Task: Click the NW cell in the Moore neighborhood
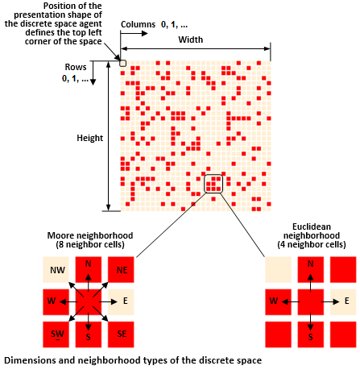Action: click(56, 269)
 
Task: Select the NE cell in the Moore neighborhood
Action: click(121, 269)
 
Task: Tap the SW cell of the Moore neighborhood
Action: click(56, 335)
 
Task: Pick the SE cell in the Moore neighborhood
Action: click(121, 335)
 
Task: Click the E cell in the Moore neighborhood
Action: click(121, 302)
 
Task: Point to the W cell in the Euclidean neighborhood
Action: click(278, 302)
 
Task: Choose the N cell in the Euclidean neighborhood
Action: click(311, 269)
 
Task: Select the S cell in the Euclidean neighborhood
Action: click(311, 335)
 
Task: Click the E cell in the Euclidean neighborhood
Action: click(343, 302)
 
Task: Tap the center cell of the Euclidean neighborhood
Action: click(311, 302)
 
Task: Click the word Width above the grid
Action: click(191, 39)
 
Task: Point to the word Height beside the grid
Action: click(90, 138)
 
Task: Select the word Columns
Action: click(138, 24)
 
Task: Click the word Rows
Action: click(76, 67)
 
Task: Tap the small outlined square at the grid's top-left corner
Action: click(122, 63)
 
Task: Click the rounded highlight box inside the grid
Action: click(213, 175)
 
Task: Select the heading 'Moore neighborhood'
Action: click(90, 235)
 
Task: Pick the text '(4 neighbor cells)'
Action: click(312, 244)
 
